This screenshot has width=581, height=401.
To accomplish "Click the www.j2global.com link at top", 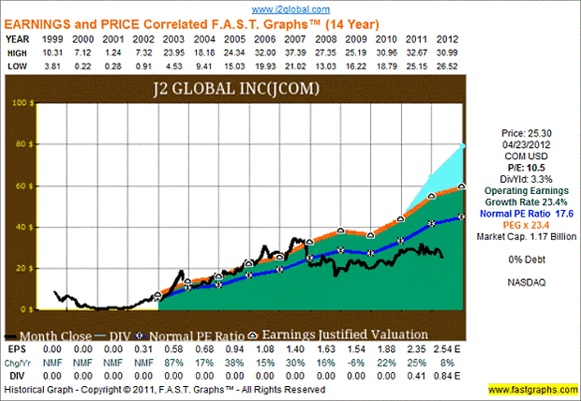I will (290, 7).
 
